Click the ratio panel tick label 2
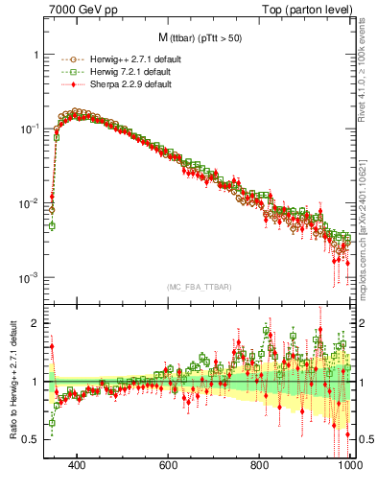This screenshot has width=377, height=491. (x=35, y=323)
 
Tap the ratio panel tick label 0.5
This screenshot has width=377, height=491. (x=31, y=439)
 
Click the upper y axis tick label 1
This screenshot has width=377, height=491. (x=35, y=55)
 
